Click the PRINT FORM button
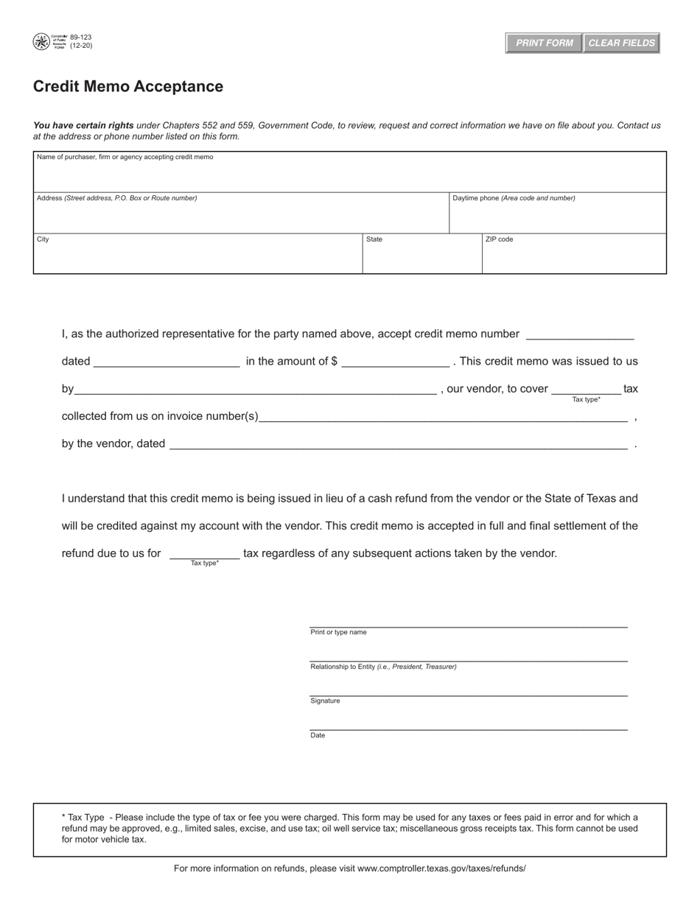click(x=544, y=43)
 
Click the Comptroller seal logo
click(x=41, y=42)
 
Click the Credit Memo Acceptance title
click(x=128, y=86)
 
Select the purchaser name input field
click(x=349, y=176)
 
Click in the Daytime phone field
click(x=557, y=217)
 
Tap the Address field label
click(x=116, y=198)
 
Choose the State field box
click(x=421, y=258)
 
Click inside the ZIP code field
click(x=573, y=258)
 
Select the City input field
click(x=197, y=258)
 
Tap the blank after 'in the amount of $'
click(x=396, y=362)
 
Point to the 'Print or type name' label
click(x=338, y=632)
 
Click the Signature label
click(x=325, y=700)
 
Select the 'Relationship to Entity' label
click(x=383, y=667)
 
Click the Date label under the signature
click(x=318, y=735)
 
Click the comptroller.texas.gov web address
click(x=441, y=868)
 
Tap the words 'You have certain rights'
click(x=83, y=125)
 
